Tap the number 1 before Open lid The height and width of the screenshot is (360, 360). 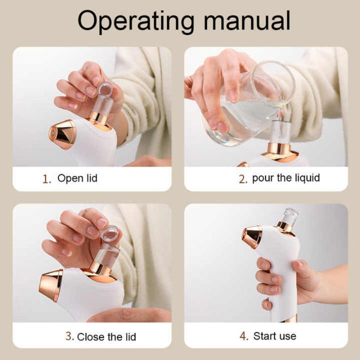point(46,179)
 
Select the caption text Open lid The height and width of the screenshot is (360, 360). point(77,178)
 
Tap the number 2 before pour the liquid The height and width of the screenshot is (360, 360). point(243,179)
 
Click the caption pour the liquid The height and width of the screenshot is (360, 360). point(286,178)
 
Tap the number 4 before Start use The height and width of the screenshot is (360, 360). point(243,337)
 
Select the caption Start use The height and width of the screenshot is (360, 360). point(275,336)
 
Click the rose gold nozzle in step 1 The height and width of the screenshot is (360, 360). point(62,134)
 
